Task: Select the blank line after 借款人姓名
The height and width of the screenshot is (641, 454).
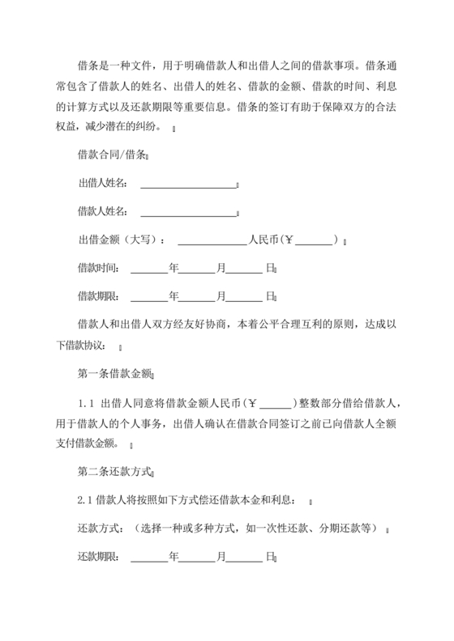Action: (x=187, y=214)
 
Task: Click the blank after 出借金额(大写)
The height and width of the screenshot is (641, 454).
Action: (x=212, y=241)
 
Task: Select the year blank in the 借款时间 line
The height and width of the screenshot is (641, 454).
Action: (x=148, y=270)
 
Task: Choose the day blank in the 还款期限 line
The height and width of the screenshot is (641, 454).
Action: (x=246, y=560)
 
